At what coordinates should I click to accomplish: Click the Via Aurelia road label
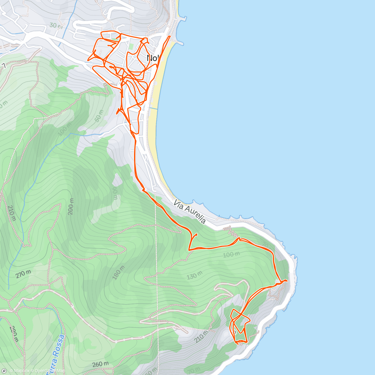(190, 212)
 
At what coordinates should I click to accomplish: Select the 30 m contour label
(56, 26)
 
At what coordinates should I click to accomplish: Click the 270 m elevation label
(23, 274)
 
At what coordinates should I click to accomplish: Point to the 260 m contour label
(101, 364)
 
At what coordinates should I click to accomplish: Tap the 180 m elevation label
(120, 272)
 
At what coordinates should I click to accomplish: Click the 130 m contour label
(194, 276)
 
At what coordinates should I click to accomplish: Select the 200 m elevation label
(71, 207)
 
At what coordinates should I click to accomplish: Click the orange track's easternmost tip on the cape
(287, 281)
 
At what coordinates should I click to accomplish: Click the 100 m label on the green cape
(231, 255)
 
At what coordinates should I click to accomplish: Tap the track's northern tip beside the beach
(170, 37)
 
